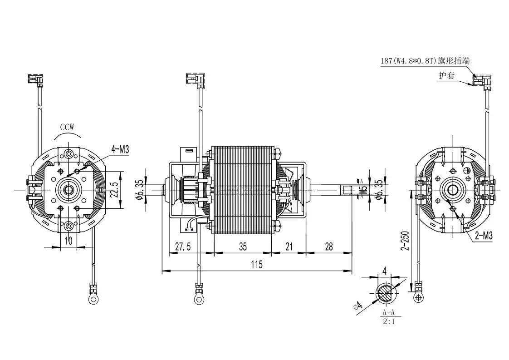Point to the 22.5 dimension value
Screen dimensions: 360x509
click(x=116, y=190)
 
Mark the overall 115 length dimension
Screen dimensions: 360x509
click(x=257, y=265)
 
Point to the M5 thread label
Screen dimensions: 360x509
click(x=363, y=190)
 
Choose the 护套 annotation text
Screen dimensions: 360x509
click(x=446, y=76)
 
